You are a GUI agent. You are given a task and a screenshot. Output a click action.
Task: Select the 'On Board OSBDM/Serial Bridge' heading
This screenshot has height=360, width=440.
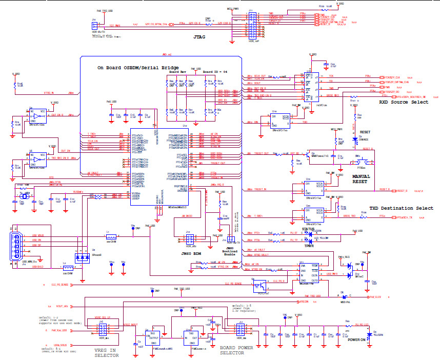point(138,68)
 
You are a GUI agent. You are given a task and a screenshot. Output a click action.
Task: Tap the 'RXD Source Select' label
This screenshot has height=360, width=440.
point(404,102)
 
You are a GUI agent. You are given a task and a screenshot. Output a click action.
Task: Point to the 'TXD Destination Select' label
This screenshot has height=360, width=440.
point(401,208)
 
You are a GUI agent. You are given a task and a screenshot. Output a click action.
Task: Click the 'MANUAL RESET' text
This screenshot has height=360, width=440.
point(361,179)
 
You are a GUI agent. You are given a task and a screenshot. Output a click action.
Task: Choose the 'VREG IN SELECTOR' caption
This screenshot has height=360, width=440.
point(105,353)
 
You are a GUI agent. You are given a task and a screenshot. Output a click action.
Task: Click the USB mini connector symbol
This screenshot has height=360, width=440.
point(15,247)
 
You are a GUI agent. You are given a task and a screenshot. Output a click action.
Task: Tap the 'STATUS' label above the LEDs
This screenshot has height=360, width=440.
point(308,229)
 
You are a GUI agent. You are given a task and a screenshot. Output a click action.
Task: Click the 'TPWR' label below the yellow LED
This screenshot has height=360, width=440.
point(309,246)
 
